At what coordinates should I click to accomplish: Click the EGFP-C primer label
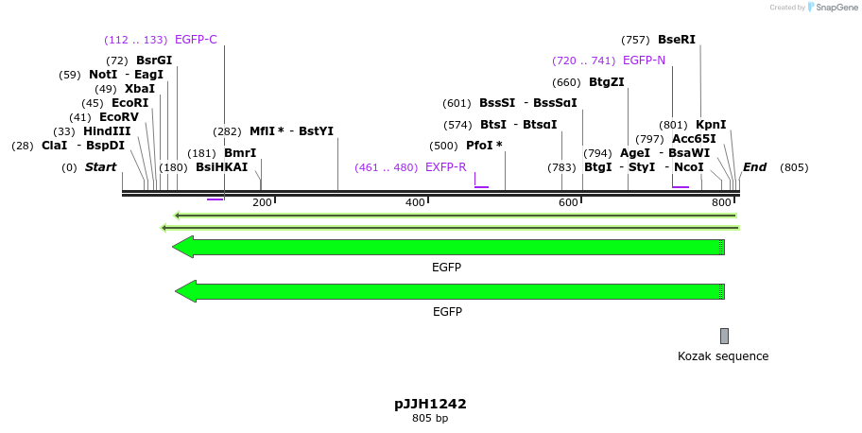coord(196,40)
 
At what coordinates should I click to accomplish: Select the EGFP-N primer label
coord(644,61)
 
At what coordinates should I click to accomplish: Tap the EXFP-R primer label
coord(445,167)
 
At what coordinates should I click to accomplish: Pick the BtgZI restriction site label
coord(606,82)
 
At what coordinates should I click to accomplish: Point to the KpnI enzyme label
coord(711,125)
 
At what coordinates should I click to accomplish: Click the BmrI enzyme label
coord(240,153)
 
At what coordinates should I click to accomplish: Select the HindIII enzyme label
coord(107,131)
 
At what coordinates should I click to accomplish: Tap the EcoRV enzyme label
coord(119,117)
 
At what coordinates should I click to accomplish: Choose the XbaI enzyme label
coord(139,89)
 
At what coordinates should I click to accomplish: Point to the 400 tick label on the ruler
coord(415,203)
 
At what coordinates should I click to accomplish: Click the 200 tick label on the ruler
coord(262,203)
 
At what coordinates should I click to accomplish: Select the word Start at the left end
coord(100,167)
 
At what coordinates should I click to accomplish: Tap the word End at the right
coord(754,167)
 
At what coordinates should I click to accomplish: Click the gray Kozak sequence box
coord(724,336)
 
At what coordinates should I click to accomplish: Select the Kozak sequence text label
coord(723,356)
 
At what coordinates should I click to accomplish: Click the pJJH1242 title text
coord(430,404)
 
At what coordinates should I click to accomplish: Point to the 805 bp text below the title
coord(430,418)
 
